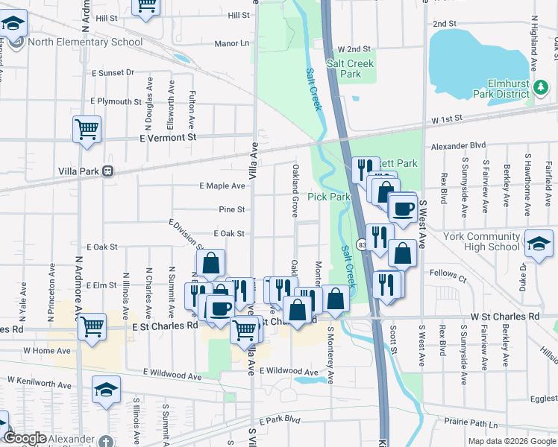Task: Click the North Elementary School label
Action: (86, 42)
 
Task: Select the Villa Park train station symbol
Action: (108, 171)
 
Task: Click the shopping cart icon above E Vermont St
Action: (87, 129)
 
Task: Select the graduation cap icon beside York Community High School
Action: (538, 244)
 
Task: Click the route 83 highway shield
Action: (361, 244)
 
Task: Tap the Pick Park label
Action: (328, 197)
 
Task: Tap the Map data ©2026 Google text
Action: (511, 441)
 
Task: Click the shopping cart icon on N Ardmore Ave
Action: (92, 326)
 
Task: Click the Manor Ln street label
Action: (231, 44)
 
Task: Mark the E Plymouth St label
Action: (116, 101)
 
